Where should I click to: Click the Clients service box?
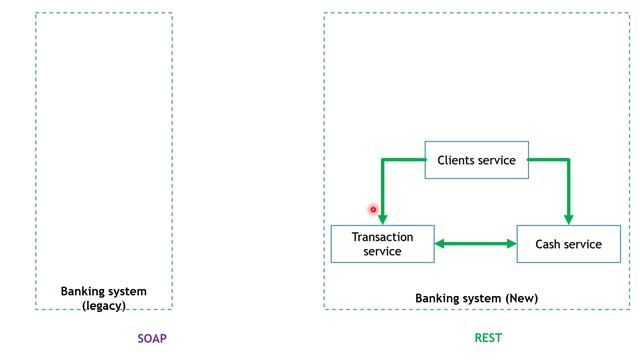(476, 160)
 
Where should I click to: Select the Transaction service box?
(382, 244)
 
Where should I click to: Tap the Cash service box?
(568, 244)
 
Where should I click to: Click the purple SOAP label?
(152, 338)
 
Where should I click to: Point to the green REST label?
(488, 338)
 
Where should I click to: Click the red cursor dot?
(373, 209)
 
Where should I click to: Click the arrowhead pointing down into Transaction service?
(382, 219)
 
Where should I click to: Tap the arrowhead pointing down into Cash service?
(568, 219)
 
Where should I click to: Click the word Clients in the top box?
(457, 160)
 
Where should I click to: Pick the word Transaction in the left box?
(382, 237)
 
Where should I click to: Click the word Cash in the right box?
(549, 244)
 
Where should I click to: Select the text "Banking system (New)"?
(476, 298)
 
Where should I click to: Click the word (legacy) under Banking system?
(104, 305)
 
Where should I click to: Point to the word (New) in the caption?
(521, 298)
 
